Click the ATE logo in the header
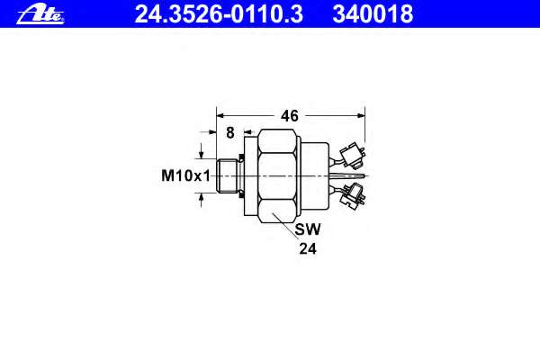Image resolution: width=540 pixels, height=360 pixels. [x=40, y=15]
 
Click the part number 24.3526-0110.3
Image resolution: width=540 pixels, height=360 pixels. [x=219, y=14]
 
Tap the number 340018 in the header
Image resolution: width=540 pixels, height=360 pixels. [x=373, y=14]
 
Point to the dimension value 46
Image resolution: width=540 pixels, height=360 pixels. [x=289, y=116]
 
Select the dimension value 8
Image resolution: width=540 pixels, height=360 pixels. [x=230, y=132]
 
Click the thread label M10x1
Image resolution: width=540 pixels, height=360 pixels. [x=185, y=175]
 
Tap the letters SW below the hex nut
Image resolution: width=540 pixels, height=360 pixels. [x=308, y=229]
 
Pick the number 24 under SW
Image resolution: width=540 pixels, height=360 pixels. [x=308, y=248]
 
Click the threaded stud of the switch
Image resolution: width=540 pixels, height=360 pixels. [x=227, y=175]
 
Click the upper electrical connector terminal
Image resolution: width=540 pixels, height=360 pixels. [x=352, y=157]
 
